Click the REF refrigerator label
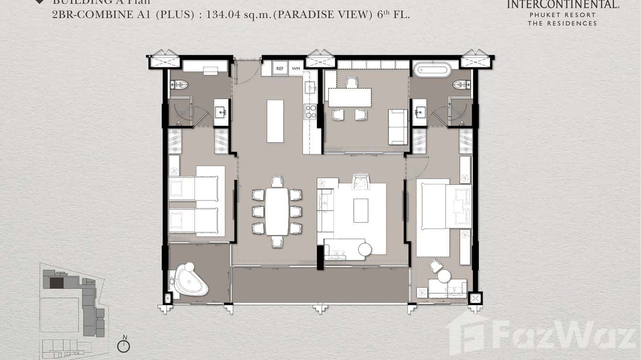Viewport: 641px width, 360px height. (x=280, y=69)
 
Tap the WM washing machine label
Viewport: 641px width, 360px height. (x=296, y=69)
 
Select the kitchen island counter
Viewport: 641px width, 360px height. (x=275, y=121)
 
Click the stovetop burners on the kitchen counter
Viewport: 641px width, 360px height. (x=310, y=112)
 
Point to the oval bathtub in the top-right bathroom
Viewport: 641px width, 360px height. (x=432, y=70)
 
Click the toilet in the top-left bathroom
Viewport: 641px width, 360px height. (x=179, y=85)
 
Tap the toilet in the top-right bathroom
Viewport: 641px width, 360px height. (x=461, y=85)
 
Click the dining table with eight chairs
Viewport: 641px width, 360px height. (x=277, y=211)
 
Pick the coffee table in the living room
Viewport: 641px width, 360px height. (x=361, y=211)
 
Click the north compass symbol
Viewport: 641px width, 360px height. (x=124, y=345)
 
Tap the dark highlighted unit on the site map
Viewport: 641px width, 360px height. (x=56, y=283)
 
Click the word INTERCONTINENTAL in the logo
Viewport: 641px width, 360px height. (x=562, y=5)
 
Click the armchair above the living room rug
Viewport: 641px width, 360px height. (x=361, y=181)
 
